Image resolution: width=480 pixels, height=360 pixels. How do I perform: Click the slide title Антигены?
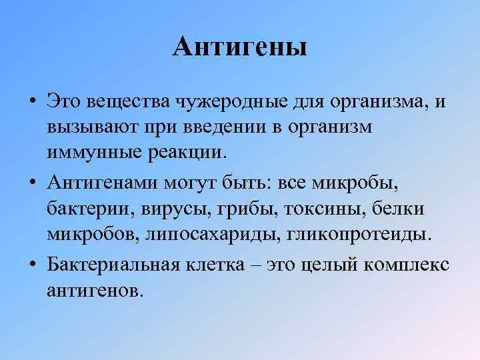(240, 47)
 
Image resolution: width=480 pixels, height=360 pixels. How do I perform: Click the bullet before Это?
(32, 103)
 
